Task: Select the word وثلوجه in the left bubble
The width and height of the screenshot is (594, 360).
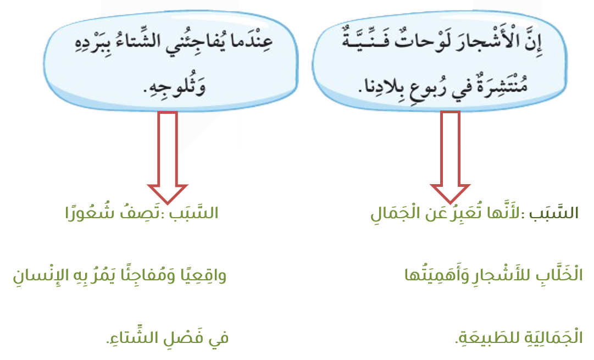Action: click(x=175, y=88)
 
